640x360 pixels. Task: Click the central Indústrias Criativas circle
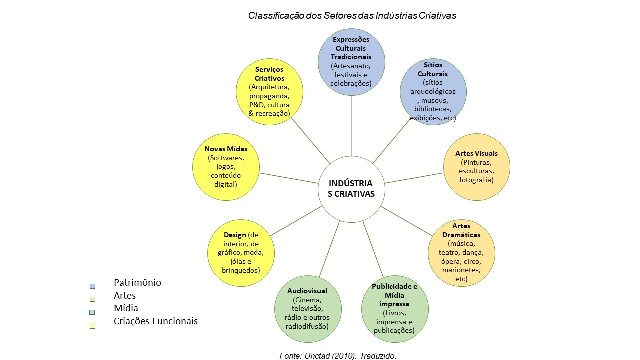pos(351,189)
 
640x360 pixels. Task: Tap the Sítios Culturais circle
pos(433,92)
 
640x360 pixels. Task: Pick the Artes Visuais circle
pos(476,167)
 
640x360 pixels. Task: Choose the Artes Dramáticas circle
pos(461,253)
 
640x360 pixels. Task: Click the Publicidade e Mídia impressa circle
pos(395,308)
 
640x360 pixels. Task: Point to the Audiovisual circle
pos(308,308)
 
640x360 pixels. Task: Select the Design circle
pos(241,253)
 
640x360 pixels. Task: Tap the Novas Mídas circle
pos(226,166)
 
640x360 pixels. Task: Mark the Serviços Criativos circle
pos(269,92)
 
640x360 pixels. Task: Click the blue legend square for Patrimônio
pos(92,286)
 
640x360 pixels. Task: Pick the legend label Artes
pos(125,296)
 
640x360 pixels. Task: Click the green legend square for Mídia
pos(92,313)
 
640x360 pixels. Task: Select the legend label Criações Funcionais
pos(156,321)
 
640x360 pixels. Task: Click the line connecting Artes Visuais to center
pos(414,178)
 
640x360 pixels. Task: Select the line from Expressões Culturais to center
pos(351,125)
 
